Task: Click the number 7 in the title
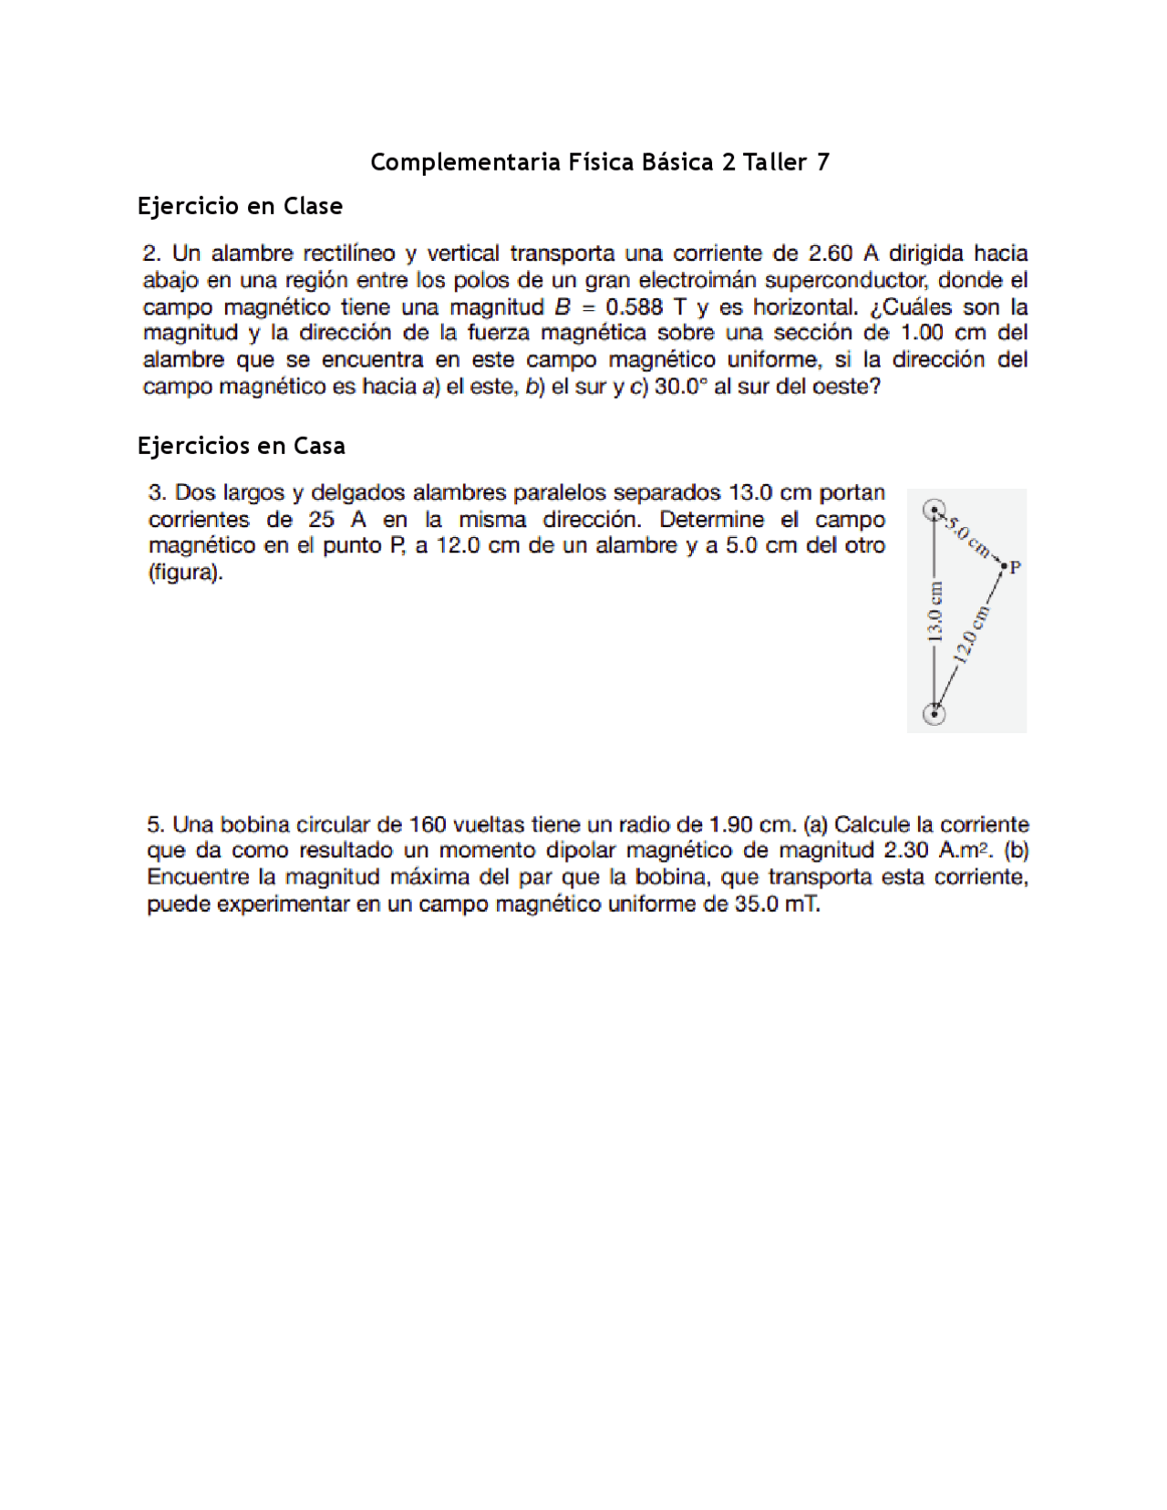pos(823,162)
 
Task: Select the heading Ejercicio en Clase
pos(240,206)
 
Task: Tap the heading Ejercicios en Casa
pos(241,446)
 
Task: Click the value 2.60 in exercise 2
pos(831,253)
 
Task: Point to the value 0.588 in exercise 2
pos(634,307)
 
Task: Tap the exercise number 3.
pos(156,493)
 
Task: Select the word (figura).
pos(185,574)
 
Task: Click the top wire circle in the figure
pos(934,511)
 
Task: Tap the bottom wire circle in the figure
pos(935,715)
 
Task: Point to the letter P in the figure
pos(1016,567)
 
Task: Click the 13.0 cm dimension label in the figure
pos(935,613)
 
